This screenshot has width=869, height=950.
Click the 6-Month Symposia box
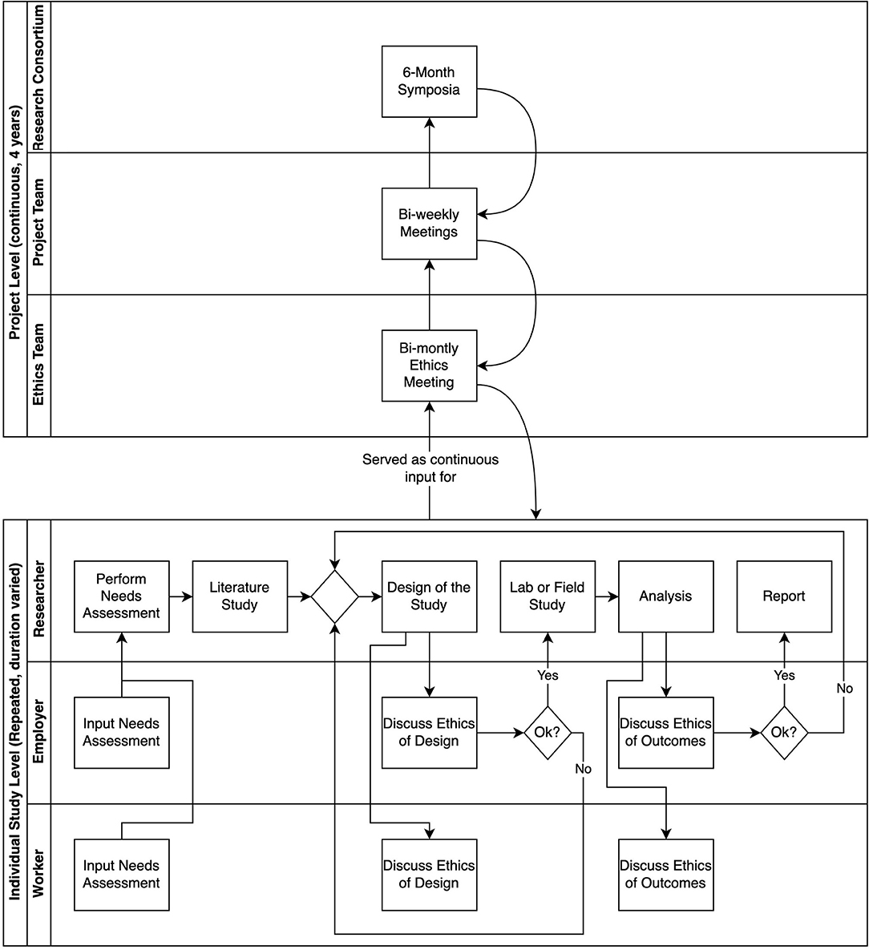coord(429,81)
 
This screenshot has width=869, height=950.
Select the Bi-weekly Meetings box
coord(429,224)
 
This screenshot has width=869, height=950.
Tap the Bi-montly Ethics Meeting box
coord(429,366)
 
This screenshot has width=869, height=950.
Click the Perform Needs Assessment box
coord(122,596)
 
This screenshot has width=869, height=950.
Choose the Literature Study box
coord(240,596)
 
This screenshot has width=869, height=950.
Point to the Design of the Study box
coord(429,596)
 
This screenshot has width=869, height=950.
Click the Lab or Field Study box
coord(548,596)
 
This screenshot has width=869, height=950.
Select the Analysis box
coord(665,596)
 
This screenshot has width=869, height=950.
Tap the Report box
coord(784,596)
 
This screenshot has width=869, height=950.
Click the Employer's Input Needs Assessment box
coord(122,733)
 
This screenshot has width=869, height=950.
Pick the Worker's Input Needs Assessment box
coord(122,875)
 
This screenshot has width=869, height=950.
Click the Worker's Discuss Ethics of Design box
coord(429,875)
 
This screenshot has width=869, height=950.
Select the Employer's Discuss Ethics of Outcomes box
coord(665,733)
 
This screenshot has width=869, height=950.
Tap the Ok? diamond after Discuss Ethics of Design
coord(548,733)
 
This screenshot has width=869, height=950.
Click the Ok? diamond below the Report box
coord(784,733)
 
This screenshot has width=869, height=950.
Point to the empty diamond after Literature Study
coord(334,596)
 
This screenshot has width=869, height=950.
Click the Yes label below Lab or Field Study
coord(548,676)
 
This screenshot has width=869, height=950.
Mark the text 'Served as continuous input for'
coord(430,468)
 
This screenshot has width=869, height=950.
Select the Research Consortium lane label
coord(38,77)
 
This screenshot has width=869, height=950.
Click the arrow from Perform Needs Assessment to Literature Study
coord(180,596)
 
